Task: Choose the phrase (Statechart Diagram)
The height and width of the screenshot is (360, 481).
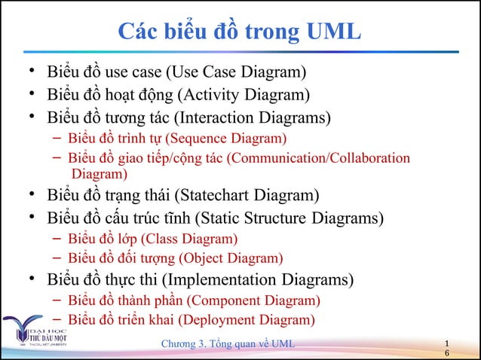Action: click(x=246, y=197)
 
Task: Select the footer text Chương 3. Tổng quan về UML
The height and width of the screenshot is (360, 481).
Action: click(x=231, y=345)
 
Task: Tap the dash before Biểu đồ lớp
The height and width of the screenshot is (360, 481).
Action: click(x=57, y=239)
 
